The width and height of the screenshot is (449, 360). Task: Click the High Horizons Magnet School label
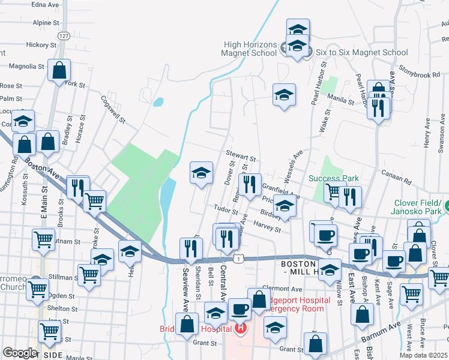coord(250,49)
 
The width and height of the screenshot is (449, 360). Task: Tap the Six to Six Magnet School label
coord(361,52)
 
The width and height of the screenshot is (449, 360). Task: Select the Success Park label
coord(334,178)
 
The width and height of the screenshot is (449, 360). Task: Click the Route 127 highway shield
coord(64,36)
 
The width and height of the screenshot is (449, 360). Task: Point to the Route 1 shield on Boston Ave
coord(239,258)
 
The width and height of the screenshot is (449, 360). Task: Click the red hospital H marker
coord(241,328)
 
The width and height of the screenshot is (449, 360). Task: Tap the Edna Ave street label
coord(45,4)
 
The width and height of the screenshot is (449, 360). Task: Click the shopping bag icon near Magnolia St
coord(59,71)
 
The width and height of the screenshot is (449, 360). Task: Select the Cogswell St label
coord(112,109)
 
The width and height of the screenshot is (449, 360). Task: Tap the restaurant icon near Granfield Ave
coord(250,184)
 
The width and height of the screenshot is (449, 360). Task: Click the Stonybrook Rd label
coord(419,75)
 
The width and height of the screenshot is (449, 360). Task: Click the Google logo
coord(20,353)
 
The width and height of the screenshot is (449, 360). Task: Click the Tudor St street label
coord(226,211)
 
